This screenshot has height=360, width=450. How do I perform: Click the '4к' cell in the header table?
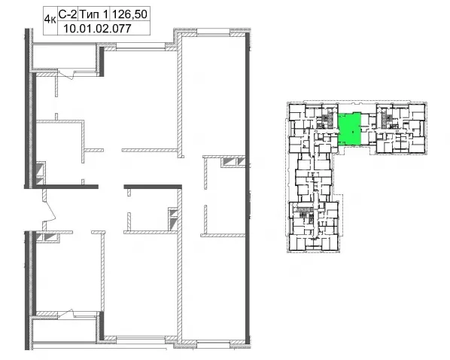tap(50, 20)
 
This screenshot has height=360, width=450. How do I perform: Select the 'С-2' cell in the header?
tap(68, 14)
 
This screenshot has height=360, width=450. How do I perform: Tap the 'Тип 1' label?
tap(94, 14)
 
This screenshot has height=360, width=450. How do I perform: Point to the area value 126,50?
tap(130, 14)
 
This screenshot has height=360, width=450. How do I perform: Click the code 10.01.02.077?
tap(97, 29)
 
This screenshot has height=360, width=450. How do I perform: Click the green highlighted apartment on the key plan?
tap(349, 130)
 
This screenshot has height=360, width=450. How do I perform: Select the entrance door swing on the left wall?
tap(50, 207)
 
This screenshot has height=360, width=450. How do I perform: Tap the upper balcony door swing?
tap(66, 74)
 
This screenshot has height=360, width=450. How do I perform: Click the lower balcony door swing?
tap(66, 314)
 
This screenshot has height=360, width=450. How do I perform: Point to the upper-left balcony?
tap(64, 56)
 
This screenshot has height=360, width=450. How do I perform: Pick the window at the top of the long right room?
tap(214, 32)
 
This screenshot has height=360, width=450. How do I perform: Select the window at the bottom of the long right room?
tap(214, 343)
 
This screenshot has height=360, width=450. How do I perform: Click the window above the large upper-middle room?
tap(141, 47)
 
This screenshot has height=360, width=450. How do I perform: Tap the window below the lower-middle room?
tap(141, 340)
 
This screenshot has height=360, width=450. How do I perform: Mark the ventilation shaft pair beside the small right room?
tap(233, 162)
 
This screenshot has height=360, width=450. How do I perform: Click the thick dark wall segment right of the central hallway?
tap(153, 187)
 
